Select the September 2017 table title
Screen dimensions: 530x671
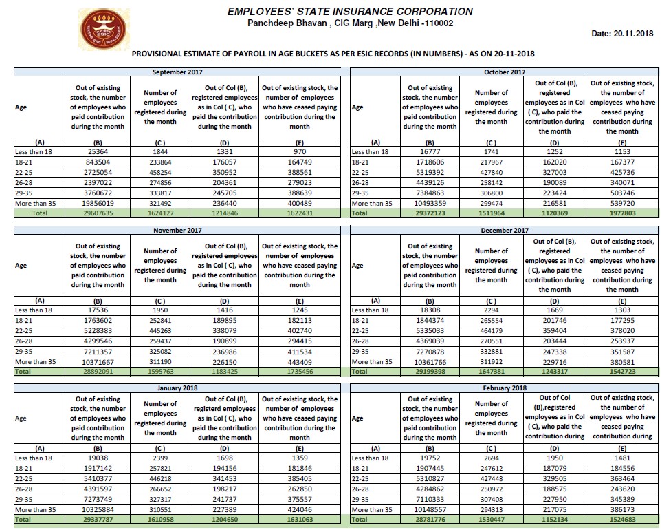(177, 72)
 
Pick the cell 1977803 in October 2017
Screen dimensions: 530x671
(622, 214)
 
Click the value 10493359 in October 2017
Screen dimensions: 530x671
(430, 204)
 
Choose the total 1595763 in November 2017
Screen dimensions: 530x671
(160, 372)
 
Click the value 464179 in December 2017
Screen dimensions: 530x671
(492, 330)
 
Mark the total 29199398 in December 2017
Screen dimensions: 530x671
(430, 372)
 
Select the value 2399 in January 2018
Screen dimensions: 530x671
(160, 458)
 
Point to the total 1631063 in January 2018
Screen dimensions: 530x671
(300, 520)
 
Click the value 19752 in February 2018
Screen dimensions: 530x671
(430, 458)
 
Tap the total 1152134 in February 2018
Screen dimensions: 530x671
(554, 520)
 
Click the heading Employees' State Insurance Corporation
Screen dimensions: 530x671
(350, 11)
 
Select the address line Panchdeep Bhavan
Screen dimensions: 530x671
(350, 23)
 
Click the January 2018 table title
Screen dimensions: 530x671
(177, 388)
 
